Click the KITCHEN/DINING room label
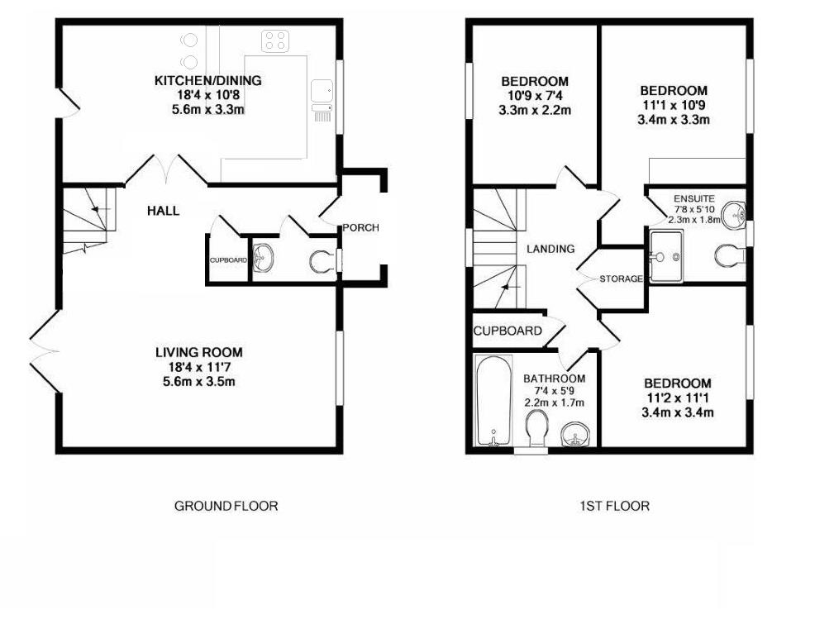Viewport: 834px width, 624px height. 208,81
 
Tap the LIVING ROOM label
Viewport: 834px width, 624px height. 199,353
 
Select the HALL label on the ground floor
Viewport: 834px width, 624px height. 163,211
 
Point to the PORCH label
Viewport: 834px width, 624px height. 360,228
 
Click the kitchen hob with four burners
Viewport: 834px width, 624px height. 274,40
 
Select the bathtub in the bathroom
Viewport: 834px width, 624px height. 494,400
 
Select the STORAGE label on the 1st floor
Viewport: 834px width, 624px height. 621,279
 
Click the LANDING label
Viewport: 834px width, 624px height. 550,249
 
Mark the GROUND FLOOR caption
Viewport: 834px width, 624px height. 226,506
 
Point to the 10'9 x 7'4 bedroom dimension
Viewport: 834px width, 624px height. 535,96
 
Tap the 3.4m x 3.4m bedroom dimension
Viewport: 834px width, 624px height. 678,412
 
